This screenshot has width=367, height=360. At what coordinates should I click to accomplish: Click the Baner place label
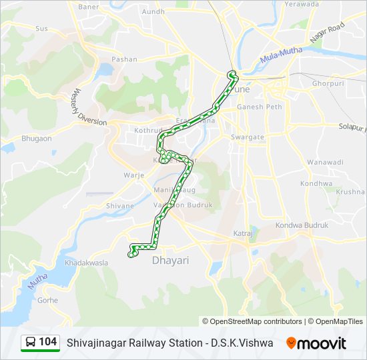point(88,7)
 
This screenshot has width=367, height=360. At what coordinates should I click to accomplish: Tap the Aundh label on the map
point(153,11)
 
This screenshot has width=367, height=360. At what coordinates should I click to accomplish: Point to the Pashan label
point(125,59)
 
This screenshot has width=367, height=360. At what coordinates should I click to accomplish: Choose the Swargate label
point(248,137)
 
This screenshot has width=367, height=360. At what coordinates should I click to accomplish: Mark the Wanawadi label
point(326,162)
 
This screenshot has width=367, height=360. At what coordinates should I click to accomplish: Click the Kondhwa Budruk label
point(302,225)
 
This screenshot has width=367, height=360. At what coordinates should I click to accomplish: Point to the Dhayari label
point(171,260)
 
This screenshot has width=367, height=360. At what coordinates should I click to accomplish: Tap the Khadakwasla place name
point(86,263)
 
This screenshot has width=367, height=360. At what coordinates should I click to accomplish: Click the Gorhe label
point(48,300)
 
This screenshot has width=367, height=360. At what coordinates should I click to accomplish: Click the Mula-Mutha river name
point(281,54)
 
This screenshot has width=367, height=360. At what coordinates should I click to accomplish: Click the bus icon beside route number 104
point(31,343)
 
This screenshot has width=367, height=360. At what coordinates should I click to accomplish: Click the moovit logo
point(316,343)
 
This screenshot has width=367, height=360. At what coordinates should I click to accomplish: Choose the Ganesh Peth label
point(260,106)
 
